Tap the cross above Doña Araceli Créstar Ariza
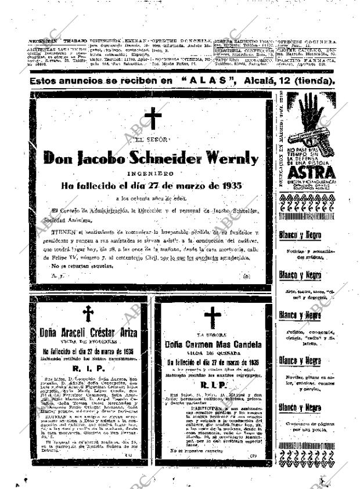click(88, 314)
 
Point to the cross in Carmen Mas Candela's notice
click(213, 317)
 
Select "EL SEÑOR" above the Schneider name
click(151, 140)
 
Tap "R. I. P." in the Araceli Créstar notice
click(87, 368)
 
